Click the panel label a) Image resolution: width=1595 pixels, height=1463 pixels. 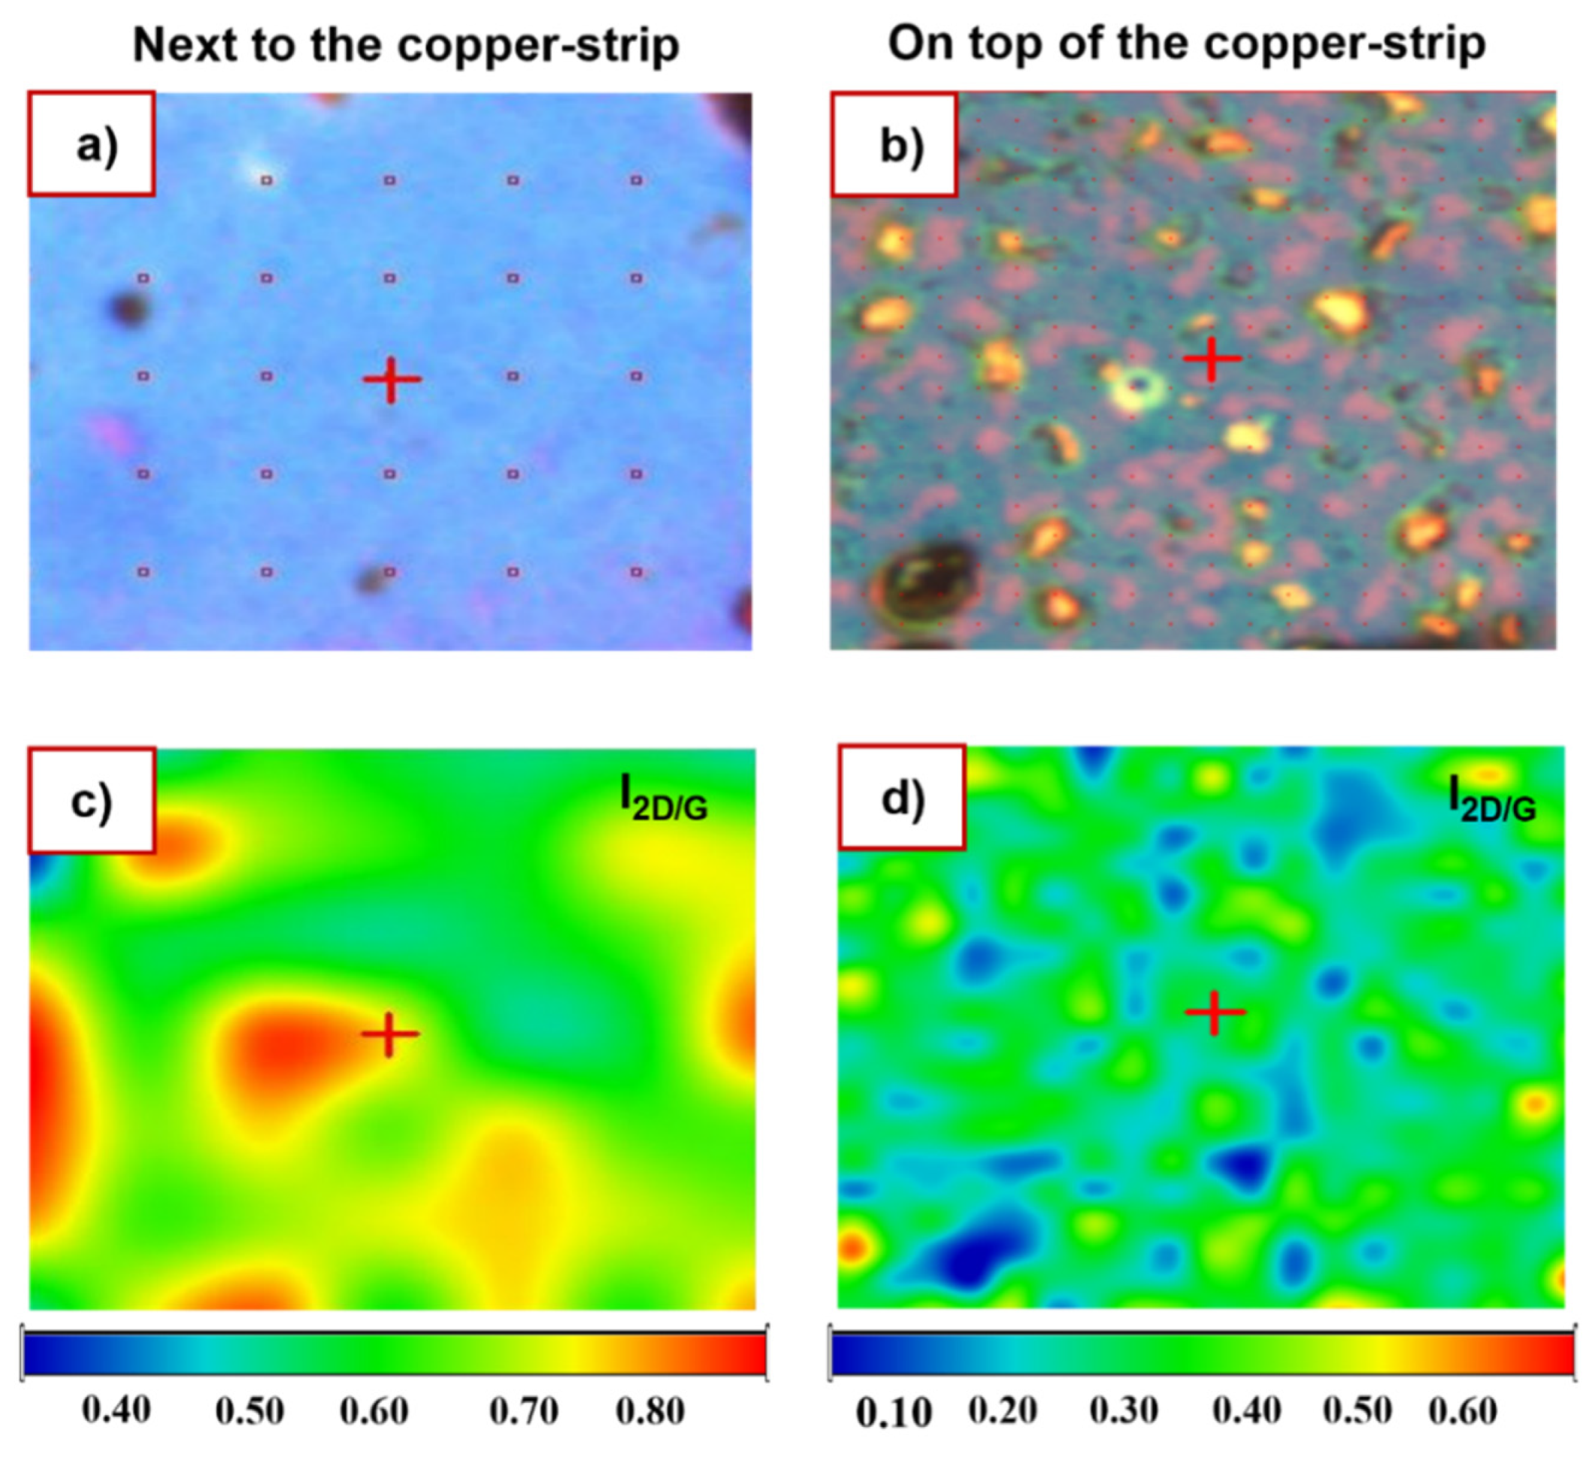(96, 146)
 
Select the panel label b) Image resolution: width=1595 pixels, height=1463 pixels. (900, 146)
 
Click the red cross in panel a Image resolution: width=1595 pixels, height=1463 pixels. (391, 379)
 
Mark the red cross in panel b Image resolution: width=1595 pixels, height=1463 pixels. (1212, 359)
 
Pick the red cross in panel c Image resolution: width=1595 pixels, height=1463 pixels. (389, 1034)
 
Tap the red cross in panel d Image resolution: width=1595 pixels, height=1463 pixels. (1215, 1013)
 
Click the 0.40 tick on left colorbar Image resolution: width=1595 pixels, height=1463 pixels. (117, 1410)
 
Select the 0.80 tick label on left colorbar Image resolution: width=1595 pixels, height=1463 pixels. (650, 1410)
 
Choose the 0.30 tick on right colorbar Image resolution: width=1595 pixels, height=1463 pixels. (1123, 1410)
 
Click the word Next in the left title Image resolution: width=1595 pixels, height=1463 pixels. (185, 45)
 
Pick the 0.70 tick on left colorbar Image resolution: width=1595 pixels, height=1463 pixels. (524, 1410)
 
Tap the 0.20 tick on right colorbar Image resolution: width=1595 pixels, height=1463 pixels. (1002, 1410)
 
